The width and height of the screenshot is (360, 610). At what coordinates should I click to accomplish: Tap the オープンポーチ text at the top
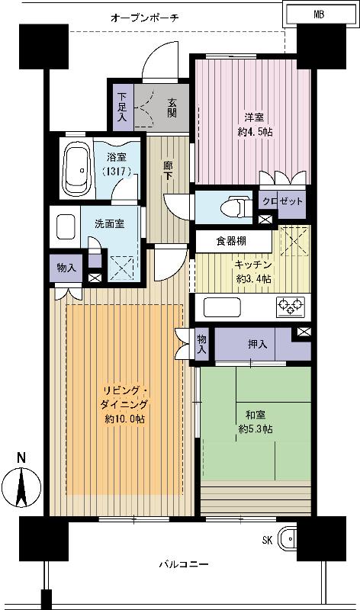144,17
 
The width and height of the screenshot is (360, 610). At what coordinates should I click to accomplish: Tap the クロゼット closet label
283,201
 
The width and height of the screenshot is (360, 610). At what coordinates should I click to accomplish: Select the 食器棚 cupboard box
233,240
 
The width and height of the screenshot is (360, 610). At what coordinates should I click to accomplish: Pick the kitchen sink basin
223,308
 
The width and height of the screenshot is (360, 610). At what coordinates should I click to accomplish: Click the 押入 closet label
257,345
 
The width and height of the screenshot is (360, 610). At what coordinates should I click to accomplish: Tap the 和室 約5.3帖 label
256,422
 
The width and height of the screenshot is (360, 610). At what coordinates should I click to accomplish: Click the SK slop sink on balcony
288,541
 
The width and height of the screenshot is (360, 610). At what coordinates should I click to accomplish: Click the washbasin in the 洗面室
66,226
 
